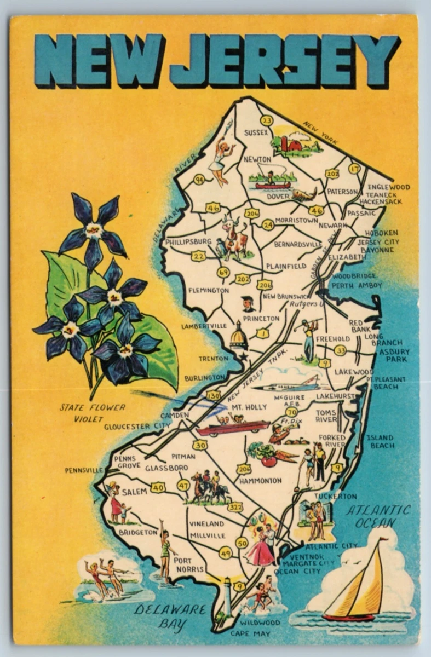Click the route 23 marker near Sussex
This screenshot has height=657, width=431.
pos(267,120)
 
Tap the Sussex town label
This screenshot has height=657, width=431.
pos(256,133)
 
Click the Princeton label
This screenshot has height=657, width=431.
pos(261,318)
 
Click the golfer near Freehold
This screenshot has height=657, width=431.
pos(308,338)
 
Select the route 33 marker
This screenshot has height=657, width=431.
pos(340,350)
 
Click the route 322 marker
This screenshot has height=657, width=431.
pos(235,507)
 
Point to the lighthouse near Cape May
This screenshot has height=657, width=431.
pos(227,597)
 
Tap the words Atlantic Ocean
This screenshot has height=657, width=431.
pos(378,516)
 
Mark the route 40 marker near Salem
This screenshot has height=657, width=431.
pos(158,487)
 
